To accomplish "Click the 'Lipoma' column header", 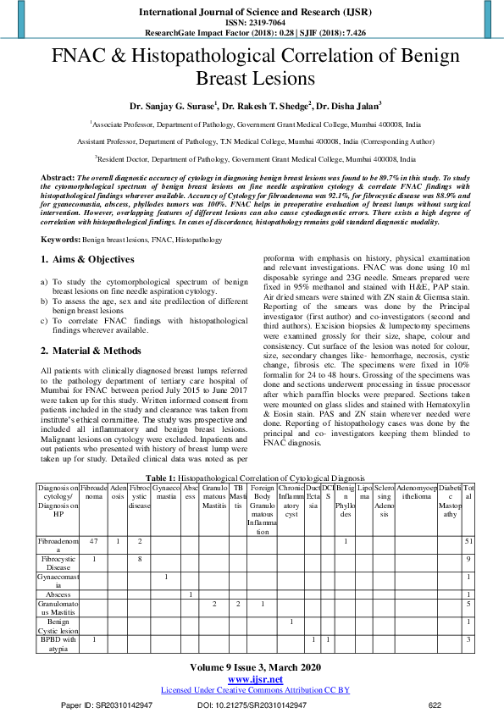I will (x=364, y=494).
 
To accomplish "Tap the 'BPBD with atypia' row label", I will (x=57, y=644).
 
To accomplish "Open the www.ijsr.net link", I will (x=255, y=679).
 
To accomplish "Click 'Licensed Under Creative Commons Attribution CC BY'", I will (x=255, y=690).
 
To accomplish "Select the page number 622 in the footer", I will (x=435, y=705).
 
